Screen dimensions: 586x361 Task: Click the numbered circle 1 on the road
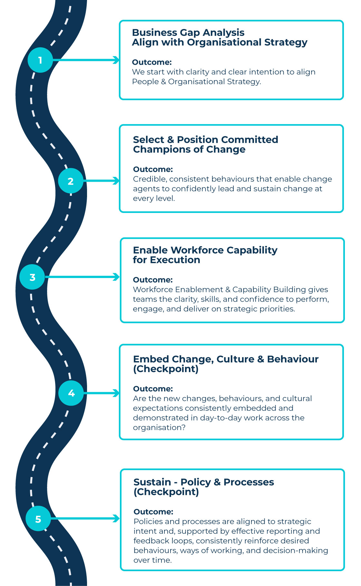point(40,60)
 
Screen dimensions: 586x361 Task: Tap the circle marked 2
point(71,181)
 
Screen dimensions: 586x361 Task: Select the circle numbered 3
point(32,277)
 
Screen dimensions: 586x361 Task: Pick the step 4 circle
point(71,393)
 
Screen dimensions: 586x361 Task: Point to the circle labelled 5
point(38,519)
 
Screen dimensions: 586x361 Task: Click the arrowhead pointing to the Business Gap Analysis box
point(116,60)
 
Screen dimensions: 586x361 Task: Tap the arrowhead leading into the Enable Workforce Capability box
point(116,277)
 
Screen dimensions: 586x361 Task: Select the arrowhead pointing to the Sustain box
point(116,519)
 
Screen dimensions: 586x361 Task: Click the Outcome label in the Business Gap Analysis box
point(152,62)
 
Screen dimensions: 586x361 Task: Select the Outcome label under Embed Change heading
point(153,389)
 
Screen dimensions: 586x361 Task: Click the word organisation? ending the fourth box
point(159,427)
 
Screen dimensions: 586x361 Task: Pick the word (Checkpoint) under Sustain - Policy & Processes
point(166,492)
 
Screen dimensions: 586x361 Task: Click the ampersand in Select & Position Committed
point(171,140)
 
